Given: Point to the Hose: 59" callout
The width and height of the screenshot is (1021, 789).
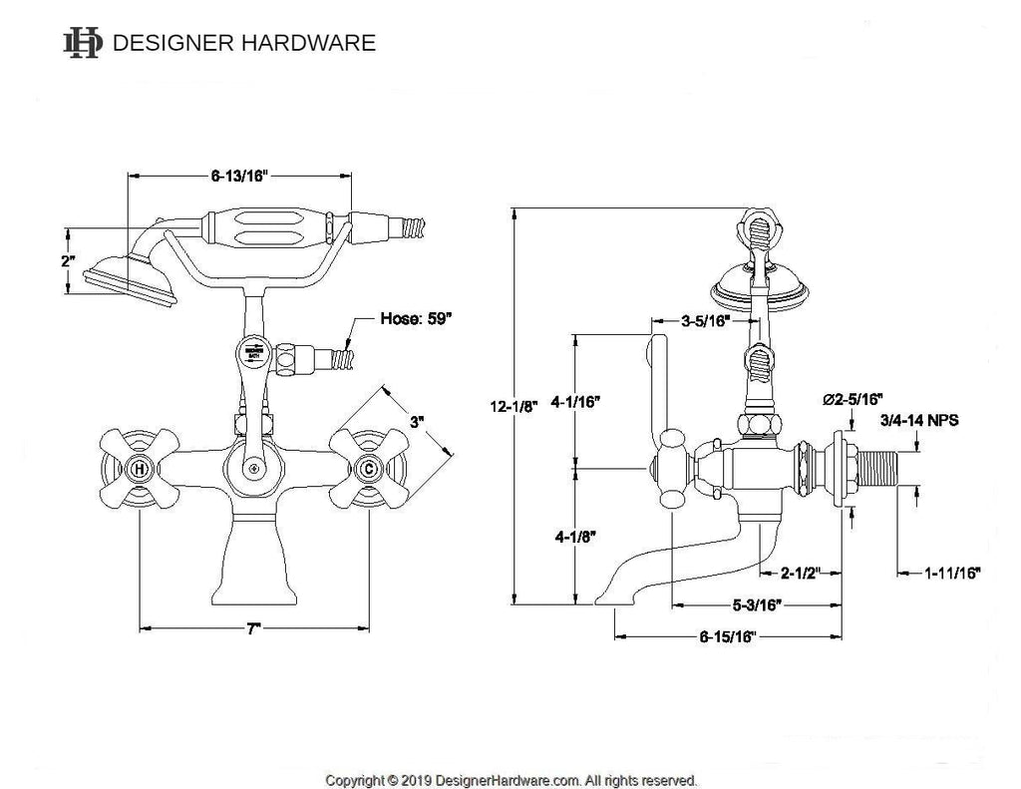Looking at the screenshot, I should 418,320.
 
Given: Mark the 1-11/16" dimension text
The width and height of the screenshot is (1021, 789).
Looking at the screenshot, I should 952,573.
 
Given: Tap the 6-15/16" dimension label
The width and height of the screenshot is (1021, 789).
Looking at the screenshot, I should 728,636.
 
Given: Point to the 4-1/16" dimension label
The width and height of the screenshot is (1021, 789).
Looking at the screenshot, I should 601,402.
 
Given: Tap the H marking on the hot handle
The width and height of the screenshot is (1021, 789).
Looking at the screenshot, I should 139,467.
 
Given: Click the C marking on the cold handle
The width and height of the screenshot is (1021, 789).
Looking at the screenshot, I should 369,467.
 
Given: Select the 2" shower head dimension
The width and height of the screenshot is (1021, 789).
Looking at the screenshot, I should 68,260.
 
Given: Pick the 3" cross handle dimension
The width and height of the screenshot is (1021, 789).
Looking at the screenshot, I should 416,423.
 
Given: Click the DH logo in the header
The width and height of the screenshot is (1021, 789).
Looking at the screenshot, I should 81,43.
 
